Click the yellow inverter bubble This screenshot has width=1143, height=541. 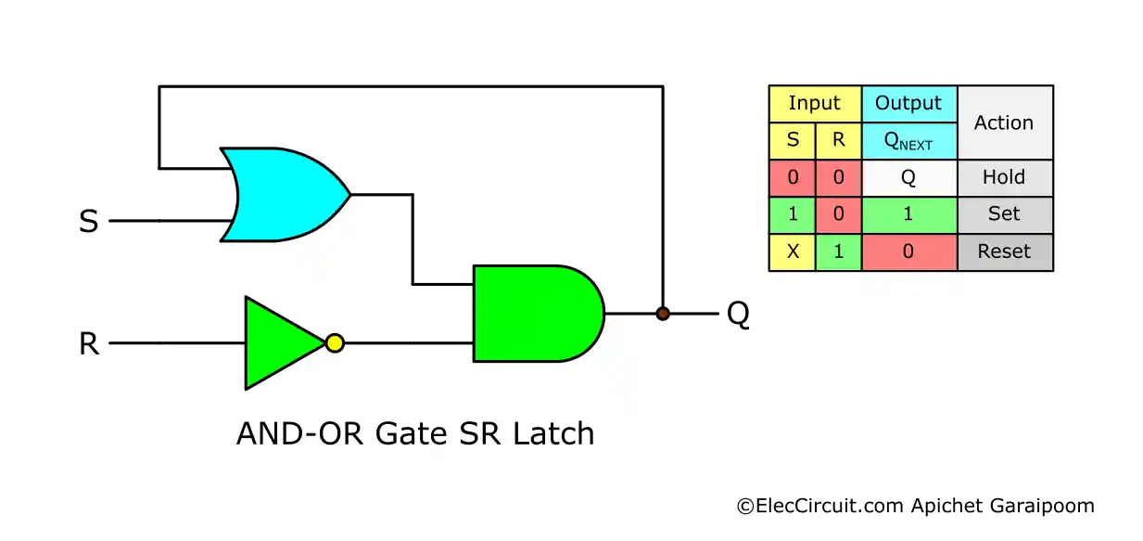coord(335,343)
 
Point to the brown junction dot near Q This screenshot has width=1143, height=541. coord(663,314)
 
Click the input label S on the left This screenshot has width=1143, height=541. coord(89,223)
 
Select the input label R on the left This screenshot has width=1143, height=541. coord(89,344)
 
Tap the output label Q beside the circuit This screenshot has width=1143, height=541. coord(738,315)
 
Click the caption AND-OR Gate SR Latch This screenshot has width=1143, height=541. coord(415,433)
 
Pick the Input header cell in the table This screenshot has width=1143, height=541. coord(815,104)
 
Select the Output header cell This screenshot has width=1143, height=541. coord(908,104)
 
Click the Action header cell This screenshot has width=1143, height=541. coord(1004,122)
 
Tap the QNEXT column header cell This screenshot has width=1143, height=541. coord(908,141)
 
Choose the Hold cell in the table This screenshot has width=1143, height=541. coord(1004,177)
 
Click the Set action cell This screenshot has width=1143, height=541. coord(1004,214)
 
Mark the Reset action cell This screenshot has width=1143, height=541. coord(1004,251)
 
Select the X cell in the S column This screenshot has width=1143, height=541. coord(793,251)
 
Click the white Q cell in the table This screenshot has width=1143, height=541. coord(908,177)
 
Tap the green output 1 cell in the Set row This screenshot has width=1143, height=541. coord(908,214)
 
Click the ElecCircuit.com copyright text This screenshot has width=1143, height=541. coord(915,507)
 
